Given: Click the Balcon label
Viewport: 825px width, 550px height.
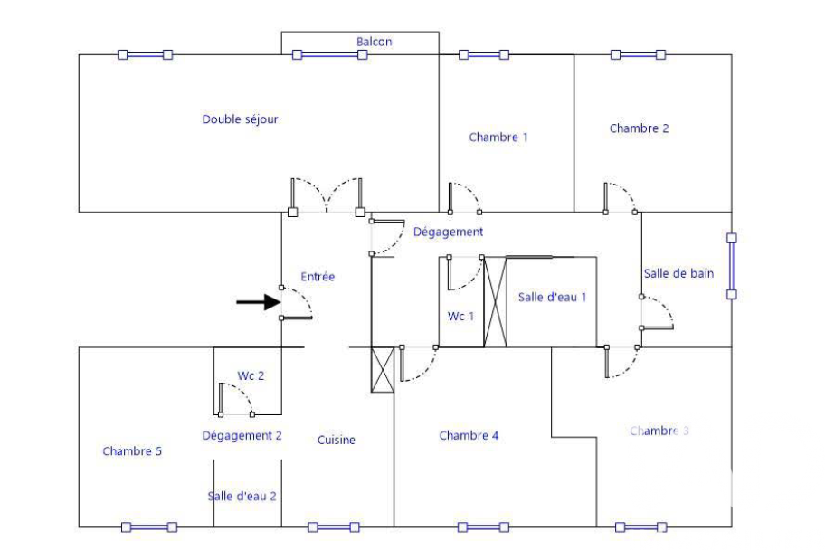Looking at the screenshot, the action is (375, 42).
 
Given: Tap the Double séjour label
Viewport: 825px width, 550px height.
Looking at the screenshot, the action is (240, 119).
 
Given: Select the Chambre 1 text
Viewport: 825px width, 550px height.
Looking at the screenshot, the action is (498, 137).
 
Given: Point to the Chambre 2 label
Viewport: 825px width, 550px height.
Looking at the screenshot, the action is (639, 128).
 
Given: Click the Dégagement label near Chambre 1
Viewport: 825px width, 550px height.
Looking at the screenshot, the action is (448, 232).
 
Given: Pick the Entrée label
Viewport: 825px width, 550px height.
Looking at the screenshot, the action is (318, 277).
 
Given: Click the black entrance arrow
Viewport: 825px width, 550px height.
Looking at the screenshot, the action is (258, 302).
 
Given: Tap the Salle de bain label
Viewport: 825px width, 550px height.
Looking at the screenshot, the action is (678, 274).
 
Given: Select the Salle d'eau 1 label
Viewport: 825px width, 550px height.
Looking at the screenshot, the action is (552, 298).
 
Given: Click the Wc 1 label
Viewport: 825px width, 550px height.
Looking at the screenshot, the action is (460, 317).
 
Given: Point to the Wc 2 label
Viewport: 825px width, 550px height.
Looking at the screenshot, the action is (251, 375).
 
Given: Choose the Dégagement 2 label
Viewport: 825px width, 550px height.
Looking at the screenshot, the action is (242, 436).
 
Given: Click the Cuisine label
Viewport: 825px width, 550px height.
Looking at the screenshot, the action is (337, 440).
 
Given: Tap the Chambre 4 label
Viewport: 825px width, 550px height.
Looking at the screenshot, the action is (469, 436).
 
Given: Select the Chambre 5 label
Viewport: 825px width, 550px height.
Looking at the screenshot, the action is (132, 451).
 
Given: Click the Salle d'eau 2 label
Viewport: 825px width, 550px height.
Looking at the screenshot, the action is (242, 497).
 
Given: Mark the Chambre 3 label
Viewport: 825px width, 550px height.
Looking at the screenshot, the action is (659, 431).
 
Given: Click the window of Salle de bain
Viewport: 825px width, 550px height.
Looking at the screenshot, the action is (731, 266).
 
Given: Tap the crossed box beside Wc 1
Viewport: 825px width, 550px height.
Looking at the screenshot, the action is (495, 302).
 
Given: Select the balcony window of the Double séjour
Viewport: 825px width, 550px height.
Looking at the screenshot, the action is (330, 55).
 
